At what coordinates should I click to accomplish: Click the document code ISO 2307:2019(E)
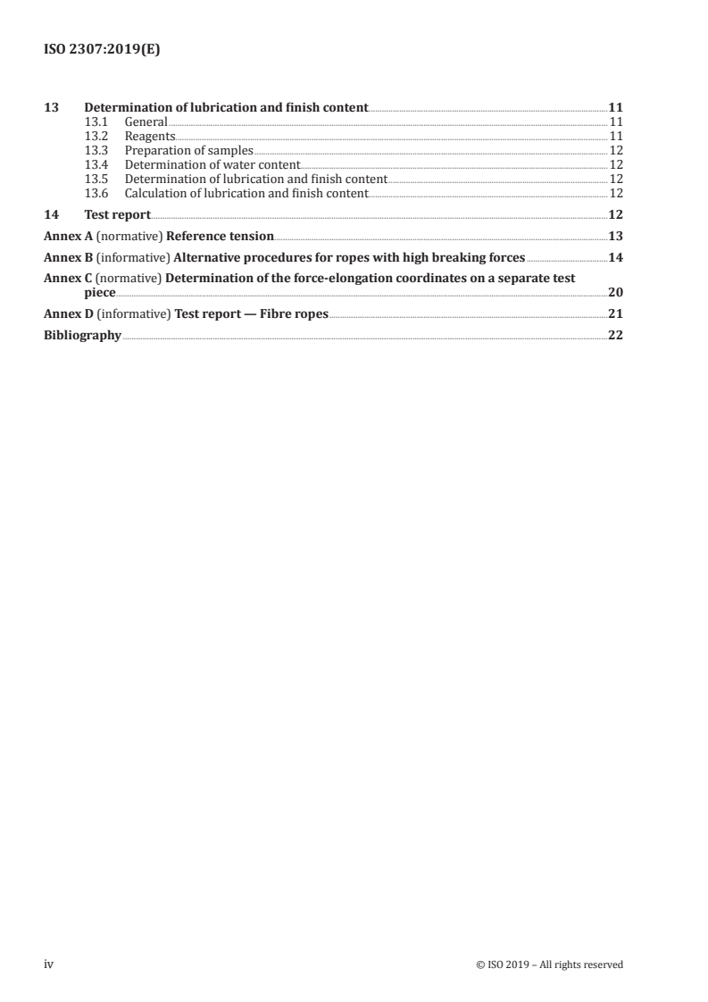tap(103, 51)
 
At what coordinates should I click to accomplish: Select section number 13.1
tap(96, 121)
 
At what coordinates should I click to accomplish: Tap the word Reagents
tap(150, 136)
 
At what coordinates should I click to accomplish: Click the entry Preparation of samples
tap(189, 150)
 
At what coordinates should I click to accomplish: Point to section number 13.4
tap(96, 164)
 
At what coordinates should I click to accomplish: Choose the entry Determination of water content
tap(212, 164)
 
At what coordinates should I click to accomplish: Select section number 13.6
tap(96, 193)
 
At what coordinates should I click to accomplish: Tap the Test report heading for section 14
tap(117, 214)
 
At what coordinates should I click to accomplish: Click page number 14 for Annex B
tap(614, 258)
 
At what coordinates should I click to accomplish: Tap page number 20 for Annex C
tap(614, 292)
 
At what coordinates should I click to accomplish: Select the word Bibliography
tap(82, 335)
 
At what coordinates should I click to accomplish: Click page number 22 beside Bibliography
tap(614, 335)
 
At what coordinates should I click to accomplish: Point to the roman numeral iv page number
tap(49, 964)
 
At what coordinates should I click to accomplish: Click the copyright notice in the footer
tap(550, 964)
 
